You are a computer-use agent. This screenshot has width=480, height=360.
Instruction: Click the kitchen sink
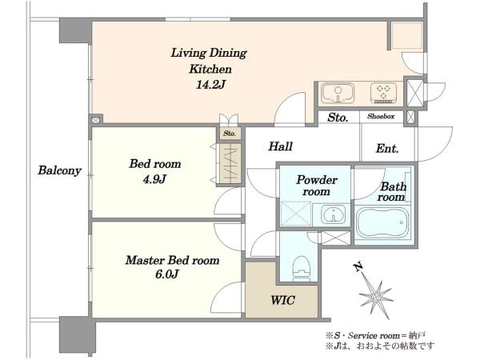tap(338, 93)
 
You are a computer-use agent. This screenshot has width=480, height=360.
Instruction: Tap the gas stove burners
tap(383, 93)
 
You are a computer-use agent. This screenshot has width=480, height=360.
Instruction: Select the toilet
tap(302, 269)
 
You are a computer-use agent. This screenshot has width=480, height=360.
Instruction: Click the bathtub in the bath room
tap(382, 222)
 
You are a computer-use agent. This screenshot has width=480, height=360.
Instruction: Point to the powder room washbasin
tap(333, 214)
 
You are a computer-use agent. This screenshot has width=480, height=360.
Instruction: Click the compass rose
tap(376, 296)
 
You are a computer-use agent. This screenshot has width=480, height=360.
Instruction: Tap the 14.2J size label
tap(210, 85)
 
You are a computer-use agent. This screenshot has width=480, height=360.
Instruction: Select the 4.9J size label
tap(154, 178)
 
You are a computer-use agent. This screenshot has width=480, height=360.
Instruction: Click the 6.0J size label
tap(167, 274)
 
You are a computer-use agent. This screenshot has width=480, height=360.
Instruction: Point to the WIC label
tap(283, 300)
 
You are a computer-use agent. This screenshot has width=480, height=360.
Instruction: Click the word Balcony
tap(59, 170)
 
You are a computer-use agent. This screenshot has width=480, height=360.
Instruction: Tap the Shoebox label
tap(381, 116)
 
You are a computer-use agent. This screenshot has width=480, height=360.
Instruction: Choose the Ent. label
tap(387, 149)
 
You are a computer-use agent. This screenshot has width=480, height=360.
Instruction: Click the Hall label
tap(281, 146)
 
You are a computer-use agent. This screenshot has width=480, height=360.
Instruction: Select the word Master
tap(145, 260)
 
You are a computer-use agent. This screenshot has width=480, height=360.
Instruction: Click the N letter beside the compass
tap(358, 267)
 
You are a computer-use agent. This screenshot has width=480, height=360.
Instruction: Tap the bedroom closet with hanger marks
tap(230, 163)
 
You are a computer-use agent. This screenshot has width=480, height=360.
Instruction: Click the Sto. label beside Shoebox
tap(338, 118)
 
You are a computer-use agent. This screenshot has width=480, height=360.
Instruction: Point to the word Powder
tap(317, 180)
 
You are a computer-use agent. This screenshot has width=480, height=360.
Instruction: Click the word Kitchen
tap(210, 69)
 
